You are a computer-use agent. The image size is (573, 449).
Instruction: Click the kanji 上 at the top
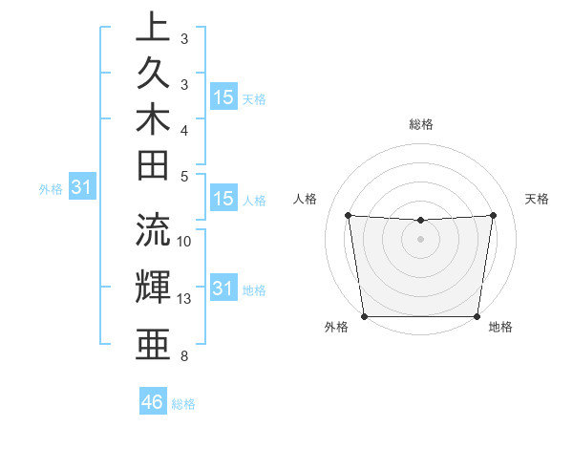click(153, 27)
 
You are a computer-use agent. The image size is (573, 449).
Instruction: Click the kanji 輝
click(153, 287)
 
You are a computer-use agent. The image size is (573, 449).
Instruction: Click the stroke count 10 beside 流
click(184, 242)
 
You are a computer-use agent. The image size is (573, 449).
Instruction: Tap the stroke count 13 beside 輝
click(184, 299)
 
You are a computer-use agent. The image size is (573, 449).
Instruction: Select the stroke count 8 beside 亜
click(184, 356)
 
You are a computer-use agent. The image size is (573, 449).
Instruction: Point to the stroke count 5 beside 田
click(184, 176)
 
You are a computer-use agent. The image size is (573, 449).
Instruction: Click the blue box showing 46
click(153, 402)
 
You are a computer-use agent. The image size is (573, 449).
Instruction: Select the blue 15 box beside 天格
click(223, 96)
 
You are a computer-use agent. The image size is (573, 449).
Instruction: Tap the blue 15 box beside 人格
click(223, 200)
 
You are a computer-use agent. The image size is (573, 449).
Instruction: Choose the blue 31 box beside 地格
click(223, 288)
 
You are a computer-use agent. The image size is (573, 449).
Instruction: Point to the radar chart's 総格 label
click(421, 124)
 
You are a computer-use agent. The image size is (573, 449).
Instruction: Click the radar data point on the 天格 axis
click(494, 215)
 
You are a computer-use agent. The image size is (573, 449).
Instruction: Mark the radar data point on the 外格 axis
click(364, 316)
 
